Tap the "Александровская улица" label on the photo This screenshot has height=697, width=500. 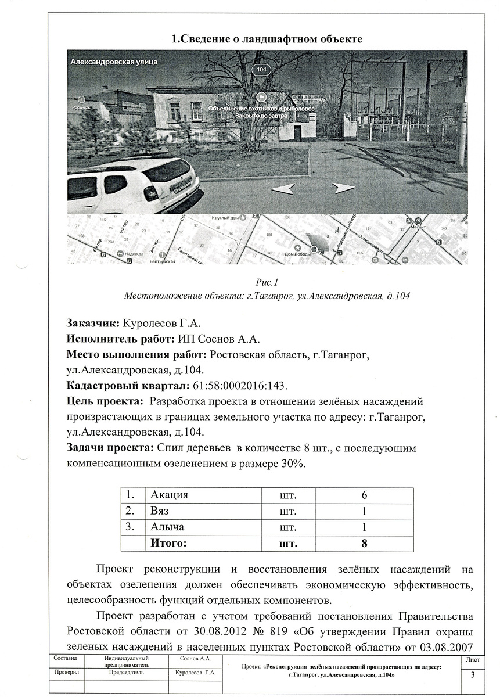[x=114, y=62]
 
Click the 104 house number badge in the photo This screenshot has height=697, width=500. [x=262, y=70]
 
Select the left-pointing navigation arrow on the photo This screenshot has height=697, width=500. [x=283, y=188]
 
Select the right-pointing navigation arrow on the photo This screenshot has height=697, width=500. [x=343, y=188]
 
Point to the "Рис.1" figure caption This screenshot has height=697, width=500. [x=267, y=283]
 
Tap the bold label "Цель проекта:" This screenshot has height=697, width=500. [x=106, y=401]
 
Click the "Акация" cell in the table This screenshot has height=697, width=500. [x=170, y=495]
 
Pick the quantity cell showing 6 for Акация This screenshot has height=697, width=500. [x=364, y=495]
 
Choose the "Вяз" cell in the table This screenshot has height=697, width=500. [x=160, y=512]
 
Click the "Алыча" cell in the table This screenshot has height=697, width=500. [x=167, y=527]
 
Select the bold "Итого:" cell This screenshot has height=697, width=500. [x=169, y=544]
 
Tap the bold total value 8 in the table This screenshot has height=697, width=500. [x=364, y=544]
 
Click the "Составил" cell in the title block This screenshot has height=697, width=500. [x=65, y=659]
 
